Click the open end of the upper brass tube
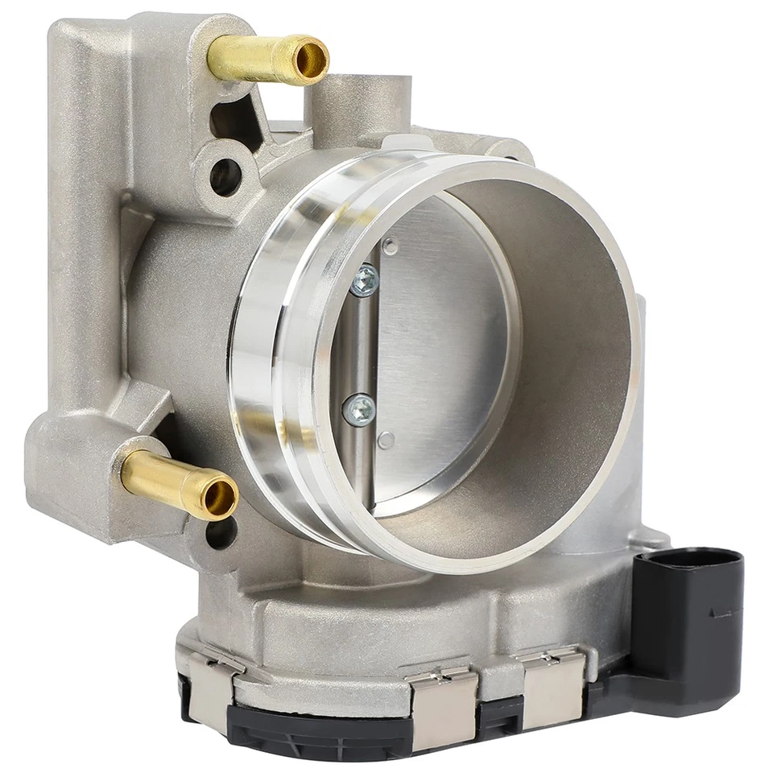point(310,60)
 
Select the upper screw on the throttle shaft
point(364,279)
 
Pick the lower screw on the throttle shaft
point(359,409)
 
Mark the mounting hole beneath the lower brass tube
point(220,534)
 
